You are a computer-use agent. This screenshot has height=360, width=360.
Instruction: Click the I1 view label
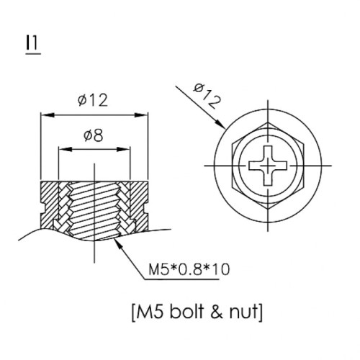click(x=33, y=44)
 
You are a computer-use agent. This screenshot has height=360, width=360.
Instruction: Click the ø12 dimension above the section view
click(x=93, y=100)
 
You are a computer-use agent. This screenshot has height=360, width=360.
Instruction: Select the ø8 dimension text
click(x=94, y=135)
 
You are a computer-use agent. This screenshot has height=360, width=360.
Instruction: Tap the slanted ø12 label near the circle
click(x=207, y=96)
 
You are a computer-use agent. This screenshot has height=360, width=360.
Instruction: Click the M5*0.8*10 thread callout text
click(x=189, y=269)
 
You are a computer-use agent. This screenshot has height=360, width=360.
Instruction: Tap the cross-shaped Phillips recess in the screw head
click(x=268, y=166)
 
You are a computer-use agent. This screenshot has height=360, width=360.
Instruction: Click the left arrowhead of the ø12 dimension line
click(x=46, y=115)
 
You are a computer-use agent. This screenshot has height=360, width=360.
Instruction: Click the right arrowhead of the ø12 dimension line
click(x=141, y=115)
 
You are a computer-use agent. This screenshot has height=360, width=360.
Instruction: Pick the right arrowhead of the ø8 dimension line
click(x=123, y=149)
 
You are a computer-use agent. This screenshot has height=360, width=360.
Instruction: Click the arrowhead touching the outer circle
click(x=220, y=124)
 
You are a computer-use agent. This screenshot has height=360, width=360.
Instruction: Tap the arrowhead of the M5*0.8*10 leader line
click(x=119, y=245)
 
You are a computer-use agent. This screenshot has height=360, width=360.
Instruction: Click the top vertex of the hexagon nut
click(x=268, y=123)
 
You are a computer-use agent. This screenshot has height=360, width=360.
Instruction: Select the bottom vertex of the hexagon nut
click(x=268, y=208)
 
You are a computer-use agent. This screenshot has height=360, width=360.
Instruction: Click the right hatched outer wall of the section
click(x=139, y=206)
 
